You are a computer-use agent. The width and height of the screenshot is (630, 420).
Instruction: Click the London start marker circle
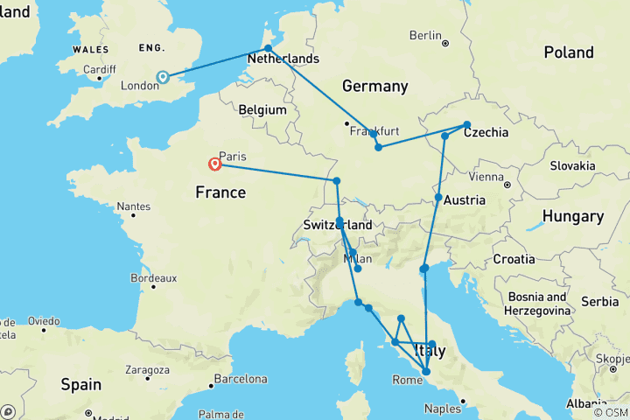pos(162,77)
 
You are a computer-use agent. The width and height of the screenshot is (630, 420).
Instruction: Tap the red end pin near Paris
pos(214,164)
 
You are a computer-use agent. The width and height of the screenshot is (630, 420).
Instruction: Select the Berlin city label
pos(425,35)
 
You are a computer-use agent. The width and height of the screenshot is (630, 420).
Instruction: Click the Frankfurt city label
pos(374,131)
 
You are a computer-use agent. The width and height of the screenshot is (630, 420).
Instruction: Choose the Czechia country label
pos(486,132)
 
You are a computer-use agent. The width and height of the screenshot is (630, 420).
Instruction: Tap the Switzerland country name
pos(337,225)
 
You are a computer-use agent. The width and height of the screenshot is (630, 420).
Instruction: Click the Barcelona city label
pos(241,379)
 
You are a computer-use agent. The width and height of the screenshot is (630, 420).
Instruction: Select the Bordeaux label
pos(153,277)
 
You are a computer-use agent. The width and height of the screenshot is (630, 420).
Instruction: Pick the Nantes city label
pos(133,207)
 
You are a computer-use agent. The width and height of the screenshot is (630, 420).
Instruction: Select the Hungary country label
pos(572,216)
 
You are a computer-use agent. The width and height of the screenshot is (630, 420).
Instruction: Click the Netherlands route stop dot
pos(268,49)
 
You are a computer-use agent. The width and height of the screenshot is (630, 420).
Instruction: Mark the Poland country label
pos(568,52)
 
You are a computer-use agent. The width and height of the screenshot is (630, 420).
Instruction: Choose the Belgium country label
pos(262,110)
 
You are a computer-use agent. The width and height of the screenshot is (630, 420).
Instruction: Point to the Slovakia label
pos(572,165)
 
